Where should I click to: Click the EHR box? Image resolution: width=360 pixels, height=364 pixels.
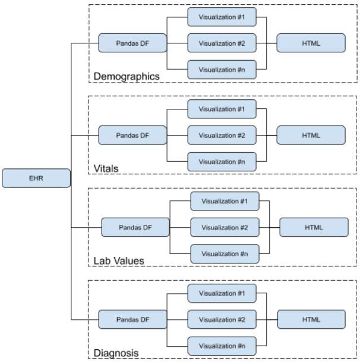[36, 178]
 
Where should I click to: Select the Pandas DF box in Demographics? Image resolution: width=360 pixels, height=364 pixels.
[132, 43]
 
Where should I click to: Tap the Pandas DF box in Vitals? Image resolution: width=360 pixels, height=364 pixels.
[132, 135]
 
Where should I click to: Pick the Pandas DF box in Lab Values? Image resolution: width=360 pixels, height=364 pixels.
[135, 227]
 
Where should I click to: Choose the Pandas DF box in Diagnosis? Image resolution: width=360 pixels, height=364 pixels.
[132, 319]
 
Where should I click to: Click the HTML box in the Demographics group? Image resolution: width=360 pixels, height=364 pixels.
[311, 43]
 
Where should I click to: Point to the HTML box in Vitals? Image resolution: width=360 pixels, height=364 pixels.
[311, 135]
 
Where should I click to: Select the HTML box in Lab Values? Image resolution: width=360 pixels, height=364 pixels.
[314, 227]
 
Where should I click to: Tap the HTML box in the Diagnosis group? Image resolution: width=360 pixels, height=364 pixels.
[311, 319]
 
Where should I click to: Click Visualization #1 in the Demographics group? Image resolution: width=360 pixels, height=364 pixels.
[222, 17]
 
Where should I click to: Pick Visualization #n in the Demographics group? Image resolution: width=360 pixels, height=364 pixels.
[222, 69]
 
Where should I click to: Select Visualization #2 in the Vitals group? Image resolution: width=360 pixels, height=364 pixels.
[222, 135]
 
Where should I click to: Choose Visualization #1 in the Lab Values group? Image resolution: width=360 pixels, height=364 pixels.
[225, 201]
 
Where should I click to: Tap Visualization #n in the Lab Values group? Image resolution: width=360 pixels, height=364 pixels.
[225, 253]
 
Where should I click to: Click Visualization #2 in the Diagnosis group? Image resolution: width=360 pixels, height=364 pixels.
[222, 319]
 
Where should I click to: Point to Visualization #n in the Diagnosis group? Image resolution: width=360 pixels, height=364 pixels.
[222, 346]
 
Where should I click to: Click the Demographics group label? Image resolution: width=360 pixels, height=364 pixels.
[127, 76]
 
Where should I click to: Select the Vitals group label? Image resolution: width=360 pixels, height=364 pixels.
[106, 169]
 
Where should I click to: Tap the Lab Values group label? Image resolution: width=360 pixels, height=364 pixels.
[119, 261]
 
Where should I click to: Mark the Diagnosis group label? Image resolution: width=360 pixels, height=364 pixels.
[116, 353]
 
